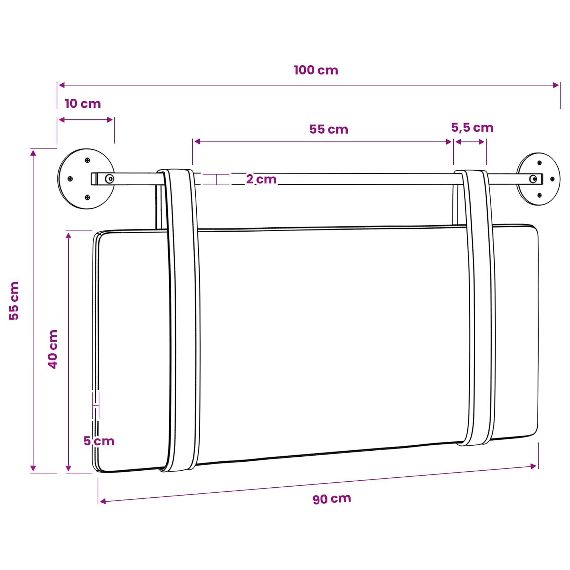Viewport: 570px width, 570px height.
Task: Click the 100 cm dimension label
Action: [x=316, y=70]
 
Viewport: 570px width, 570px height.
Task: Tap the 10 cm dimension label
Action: [x=83, y=104]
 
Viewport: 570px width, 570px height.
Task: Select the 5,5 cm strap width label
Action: [x=472, y=128]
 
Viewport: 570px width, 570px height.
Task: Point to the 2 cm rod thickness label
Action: [x=261, y=179]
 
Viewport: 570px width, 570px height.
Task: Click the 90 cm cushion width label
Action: [x=332, y=498]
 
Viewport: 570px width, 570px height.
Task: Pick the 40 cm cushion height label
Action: [x=53, y=349]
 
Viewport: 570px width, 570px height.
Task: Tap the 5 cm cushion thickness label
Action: [x=99, y=441]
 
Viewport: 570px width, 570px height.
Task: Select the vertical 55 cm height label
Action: [x=14, y=301]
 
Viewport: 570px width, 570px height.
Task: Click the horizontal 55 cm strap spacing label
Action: [x=329, y=129]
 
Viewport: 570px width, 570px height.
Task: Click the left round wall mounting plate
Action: [x=86, y=179]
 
